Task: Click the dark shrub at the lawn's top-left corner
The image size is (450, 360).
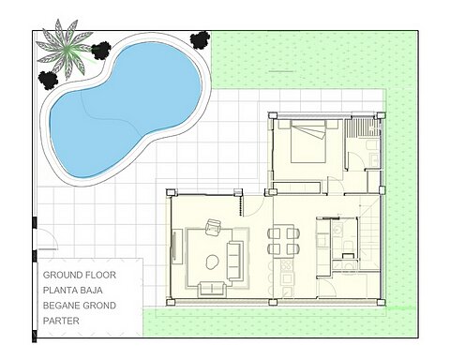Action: coord(200,39)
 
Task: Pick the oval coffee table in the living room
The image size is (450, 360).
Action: coord(212,261)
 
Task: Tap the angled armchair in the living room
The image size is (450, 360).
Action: coord(212,227)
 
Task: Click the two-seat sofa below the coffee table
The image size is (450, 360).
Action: coord(213,288)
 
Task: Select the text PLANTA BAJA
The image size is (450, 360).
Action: coord(79,291)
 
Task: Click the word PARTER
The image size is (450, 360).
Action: coord(62,321)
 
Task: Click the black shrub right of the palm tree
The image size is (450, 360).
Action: coord(101,50)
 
